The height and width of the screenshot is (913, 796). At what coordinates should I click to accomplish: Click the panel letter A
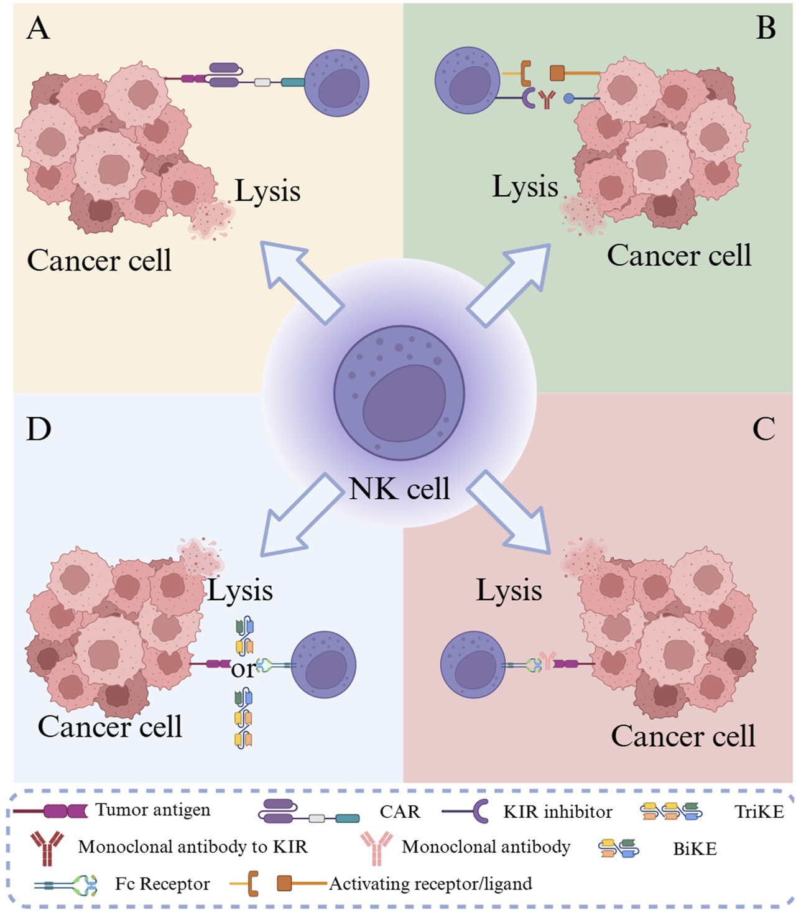coord(38,29)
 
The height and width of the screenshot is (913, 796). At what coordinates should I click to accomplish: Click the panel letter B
coord(766,29)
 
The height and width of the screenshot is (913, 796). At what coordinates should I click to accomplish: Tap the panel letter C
coord(764,429)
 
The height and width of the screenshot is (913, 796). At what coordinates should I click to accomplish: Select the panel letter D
coord(39,429)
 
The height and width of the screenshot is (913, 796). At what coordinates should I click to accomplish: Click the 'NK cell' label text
coord(399,489)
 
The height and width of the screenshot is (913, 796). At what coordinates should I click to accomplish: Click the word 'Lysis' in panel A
coord(267,191)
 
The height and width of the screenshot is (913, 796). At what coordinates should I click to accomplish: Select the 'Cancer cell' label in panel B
coord(679,255)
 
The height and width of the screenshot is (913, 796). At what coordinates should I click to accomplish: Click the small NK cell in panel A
coord(336,83)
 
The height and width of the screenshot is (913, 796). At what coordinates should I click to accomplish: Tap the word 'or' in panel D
coord(243,669)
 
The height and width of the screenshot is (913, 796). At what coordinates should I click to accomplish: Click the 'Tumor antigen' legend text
coord(153,810)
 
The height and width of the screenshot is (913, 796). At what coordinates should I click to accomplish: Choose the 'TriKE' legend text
coord(759,812)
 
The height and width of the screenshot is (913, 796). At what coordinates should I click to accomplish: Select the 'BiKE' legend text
coord(695,849)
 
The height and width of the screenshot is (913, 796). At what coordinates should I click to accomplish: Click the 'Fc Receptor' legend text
coord(162,884)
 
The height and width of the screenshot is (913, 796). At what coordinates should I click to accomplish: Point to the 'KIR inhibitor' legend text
coord(558,812)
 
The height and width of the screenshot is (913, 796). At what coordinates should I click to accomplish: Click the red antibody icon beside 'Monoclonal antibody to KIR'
coord(47,848)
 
